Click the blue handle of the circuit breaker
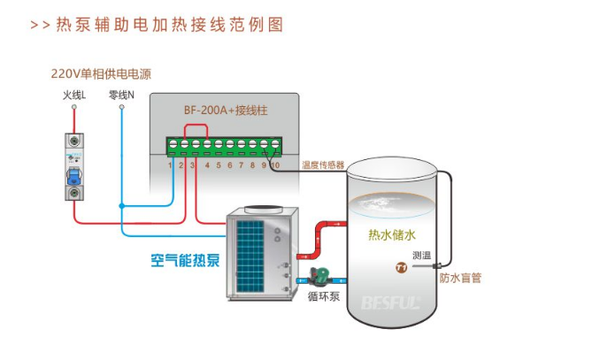point(74,176)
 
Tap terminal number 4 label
point(207,165)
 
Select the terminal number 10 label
point(275,165)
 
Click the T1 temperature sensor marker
point(401,267)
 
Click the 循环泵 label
point(324,296)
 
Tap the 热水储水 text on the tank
point(392,234)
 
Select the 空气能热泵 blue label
point(185,260)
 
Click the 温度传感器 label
point(323,165)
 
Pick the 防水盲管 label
point(460,278)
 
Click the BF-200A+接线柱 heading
point(226,111)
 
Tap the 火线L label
point(74,96)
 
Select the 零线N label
point(121,96)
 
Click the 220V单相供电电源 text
point(101,73)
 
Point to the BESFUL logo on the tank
point(390,303)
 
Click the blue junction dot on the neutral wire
point(121,206)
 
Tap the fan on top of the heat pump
point(264,209)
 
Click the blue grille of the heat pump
point(250,257)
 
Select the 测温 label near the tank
point(421,256)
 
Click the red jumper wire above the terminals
point(196,126)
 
